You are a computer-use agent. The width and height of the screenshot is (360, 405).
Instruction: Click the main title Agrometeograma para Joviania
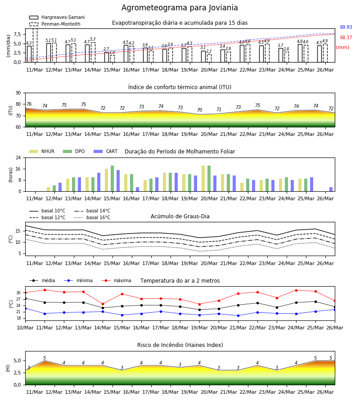(x=180, y=8)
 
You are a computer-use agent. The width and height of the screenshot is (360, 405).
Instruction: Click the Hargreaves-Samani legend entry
(x=57, y=17)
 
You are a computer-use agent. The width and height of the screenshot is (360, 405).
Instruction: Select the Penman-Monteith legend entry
(x=55, y=24)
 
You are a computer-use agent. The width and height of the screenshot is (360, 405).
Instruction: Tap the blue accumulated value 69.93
(x=346, y=27)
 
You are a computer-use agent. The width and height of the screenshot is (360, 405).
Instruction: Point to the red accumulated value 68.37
(x=346, y=37)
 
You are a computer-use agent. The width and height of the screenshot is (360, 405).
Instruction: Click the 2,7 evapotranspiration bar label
(x=106, y=49)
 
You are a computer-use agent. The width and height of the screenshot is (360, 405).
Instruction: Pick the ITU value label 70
(x=199, y=110)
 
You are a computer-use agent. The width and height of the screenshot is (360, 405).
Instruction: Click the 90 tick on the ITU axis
(x=18, y=93)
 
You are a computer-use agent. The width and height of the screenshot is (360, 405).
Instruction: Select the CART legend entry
(x=105, y=151)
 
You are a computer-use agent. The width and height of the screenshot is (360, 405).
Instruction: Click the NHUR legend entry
(x=41, y=151)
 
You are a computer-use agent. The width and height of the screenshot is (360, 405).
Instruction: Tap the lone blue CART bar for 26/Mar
(x=331, y=189)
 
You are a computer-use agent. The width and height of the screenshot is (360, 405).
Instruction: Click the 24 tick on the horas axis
(x=18, y=157)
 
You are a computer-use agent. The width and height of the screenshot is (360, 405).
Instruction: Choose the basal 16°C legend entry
(x=92, y=217)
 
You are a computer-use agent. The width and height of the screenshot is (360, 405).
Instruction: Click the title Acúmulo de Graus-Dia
(x=180, y=216)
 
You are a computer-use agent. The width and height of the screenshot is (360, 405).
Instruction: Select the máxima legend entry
(x=116, y=280)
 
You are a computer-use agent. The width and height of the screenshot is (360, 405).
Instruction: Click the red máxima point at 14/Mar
(x=103, y=304)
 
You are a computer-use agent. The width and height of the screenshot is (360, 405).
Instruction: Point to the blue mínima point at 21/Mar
(x=238, y=315)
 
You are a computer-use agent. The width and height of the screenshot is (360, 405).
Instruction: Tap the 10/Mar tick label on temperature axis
(x=25, y=328)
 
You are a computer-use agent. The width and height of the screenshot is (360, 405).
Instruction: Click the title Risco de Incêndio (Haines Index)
(x=180, y=345)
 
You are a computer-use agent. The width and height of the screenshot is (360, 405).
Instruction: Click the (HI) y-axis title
(x=8, y=368)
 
